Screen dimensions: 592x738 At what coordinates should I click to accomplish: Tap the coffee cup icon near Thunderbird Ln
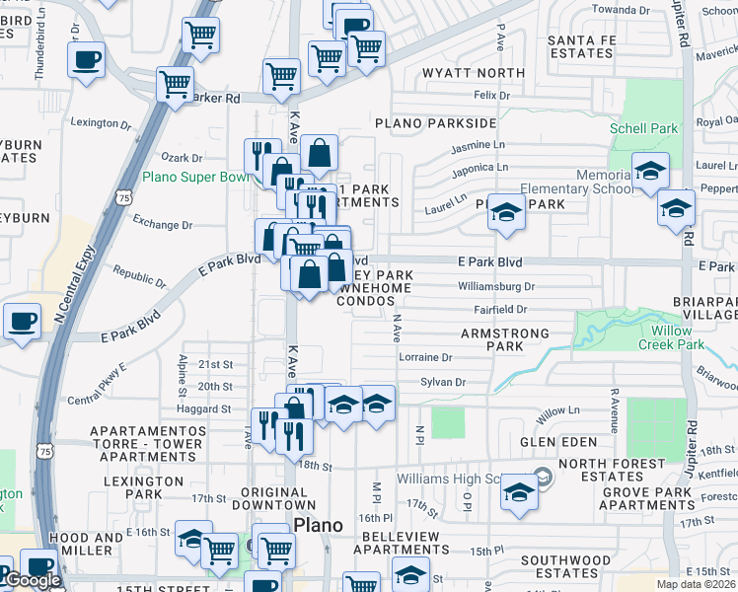point(87,59)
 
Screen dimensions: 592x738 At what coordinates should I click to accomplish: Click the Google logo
point(32,581)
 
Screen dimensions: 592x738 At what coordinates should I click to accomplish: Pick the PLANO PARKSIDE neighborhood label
point(434,123)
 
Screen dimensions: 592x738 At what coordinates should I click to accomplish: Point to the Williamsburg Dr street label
point(495,287)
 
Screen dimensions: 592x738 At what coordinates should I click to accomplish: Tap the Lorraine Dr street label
point(424,357)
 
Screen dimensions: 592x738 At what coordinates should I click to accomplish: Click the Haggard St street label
point(204,408)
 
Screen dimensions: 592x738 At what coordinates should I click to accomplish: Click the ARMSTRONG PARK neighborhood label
point(504,340)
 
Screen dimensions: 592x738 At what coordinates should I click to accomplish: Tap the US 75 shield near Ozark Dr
point(124,198)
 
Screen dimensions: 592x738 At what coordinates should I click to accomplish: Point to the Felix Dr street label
point(491,96)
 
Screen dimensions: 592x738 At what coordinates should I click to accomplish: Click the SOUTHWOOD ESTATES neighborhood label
point(566,566)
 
